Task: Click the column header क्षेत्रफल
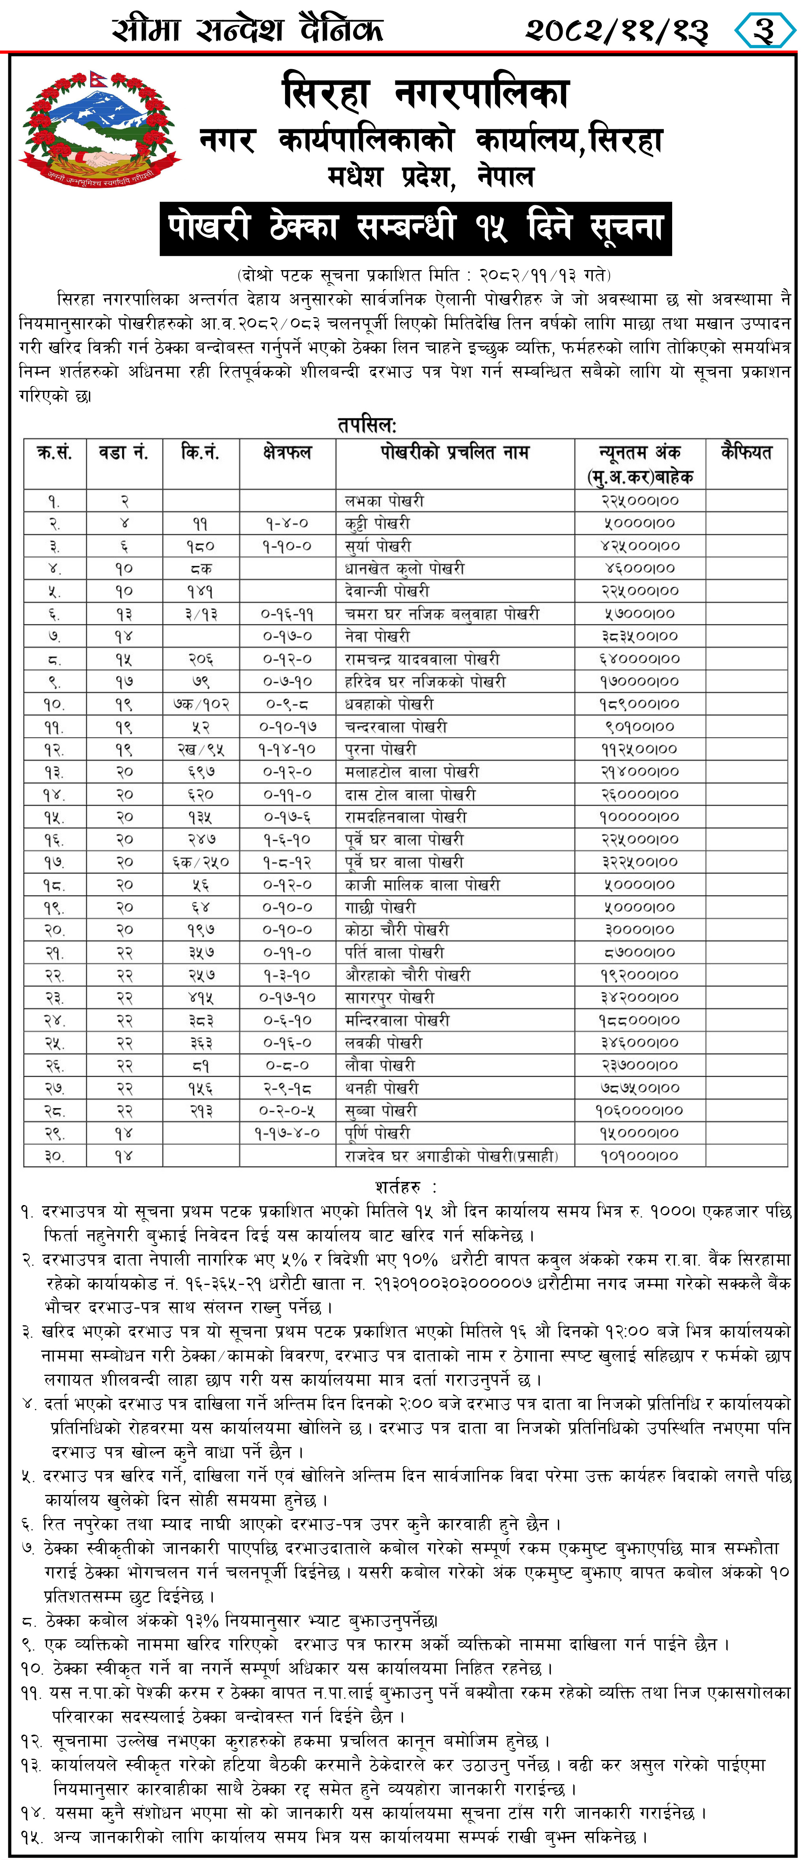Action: tap(287, 453)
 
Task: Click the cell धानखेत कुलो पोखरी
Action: tap(404, 568)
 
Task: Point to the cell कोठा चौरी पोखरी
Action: tap(396, 929)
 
